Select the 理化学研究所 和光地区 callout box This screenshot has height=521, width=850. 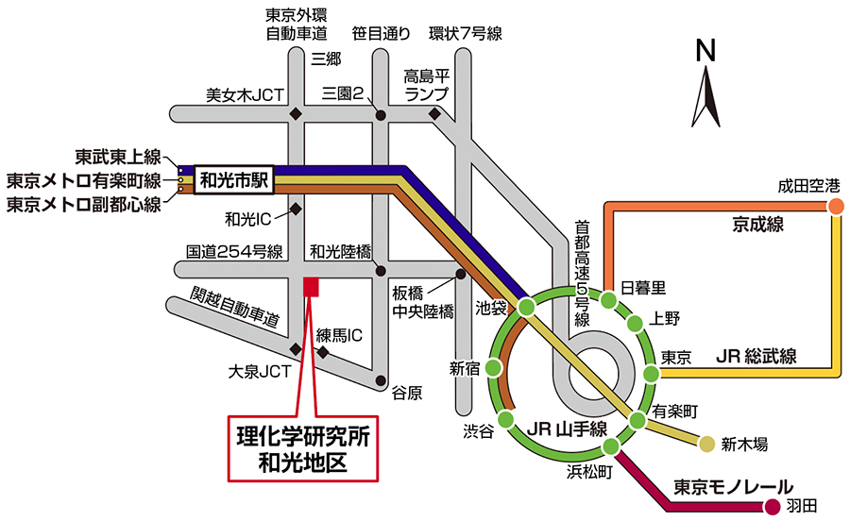(x=303, y=449)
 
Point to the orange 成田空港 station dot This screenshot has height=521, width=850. (x=835, y=207)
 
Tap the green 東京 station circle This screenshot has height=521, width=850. (x=650, y=374)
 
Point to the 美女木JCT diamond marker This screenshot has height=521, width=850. (x=297, y=114)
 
